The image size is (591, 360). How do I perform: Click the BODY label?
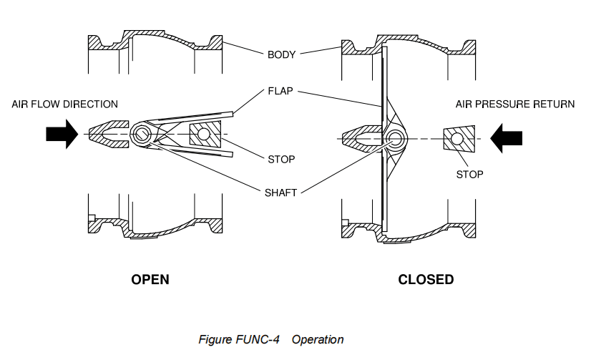point(281,54)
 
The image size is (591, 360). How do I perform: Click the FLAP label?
point(281,92)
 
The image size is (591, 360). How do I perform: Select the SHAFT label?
point(282,192)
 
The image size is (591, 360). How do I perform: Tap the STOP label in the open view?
point(281,158)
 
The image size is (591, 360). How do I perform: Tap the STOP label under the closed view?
point(469,174)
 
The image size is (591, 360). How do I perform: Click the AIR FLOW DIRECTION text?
point(64,104)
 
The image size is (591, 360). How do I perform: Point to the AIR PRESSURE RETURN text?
point(514,104)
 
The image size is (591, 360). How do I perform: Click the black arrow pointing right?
point(61,135)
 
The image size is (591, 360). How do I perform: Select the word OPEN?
point(150,279)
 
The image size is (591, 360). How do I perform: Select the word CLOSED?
point(426,279)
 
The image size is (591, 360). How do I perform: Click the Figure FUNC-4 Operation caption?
point(271,339)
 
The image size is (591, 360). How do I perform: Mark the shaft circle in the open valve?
point(143,134)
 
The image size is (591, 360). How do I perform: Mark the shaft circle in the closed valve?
point(394,137)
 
